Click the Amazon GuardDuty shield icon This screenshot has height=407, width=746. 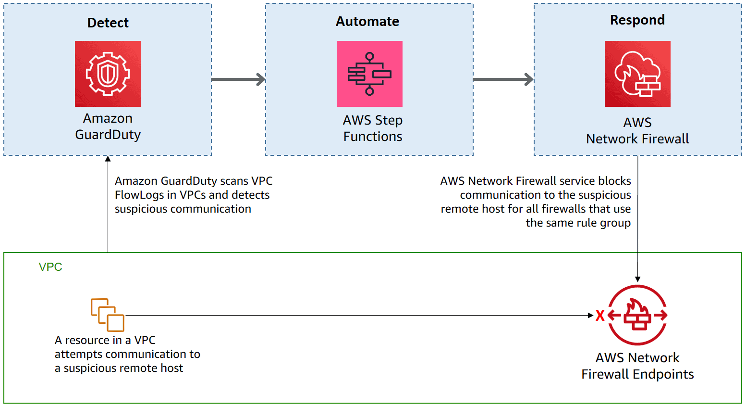[108, 74]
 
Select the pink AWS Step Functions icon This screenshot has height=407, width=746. [369, 74]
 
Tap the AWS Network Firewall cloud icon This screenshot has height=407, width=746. [637, 74]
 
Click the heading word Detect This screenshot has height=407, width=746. [108, 23]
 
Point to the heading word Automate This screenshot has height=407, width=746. [367, 21]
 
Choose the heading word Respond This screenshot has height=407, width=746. [637, 20]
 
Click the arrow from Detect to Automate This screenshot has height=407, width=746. [238, 79]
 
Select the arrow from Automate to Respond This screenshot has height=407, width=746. [503, 79]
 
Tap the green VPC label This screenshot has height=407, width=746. [50, 267]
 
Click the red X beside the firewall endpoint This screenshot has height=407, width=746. [599, 316]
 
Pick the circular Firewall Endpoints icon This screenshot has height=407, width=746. [637, 315]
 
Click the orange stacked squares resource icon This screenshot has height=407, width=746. [108, 315]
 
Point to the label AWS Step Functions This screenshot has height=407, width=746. [372, 128]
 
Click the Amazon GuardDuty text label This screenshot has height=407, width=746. [108, 127]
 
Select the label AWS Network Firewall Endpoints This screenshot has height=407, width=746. [637, 366]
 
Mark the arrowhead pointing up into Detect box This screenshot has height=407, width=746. [108, 159]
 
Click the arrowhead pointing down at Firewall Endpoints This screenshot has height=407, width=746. [637, 279]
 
